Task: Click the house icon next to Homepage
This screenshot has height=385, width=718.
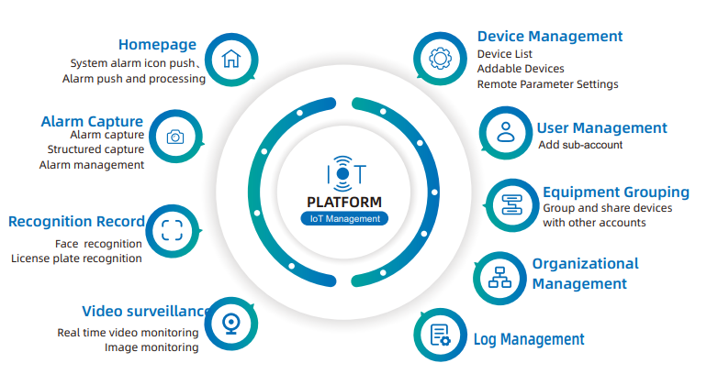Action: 231,60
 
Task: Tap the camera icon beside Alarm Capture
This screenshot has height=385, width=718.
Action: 174,137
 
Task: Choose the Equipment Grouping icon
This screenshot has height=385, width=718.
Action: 510,204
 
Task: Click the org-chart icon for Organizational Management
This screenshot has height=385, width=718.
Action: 499,276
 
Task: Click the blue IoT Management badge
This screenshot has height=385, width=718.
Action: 344,219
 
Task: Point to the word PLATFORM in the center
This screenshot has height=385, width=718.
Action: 344,202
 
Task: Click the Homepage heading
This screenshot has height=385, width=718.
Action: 158,44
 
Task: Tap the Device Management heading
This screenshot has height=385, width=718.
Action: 550,37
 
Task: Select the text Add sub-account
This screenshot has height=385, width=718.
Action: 580,145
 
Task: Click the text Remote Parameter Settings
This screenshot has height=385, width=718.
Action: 547,84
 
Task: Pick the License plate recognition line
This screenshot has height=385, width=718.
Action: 77,258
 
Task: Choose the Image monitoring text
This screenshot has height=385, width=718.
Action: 151,347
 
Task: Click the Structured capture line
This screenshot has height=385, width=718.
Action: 95,149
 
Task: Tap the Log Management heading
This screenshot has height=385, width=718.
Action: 529,340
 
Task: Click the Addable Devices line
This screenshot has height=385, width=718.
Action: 521,69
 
